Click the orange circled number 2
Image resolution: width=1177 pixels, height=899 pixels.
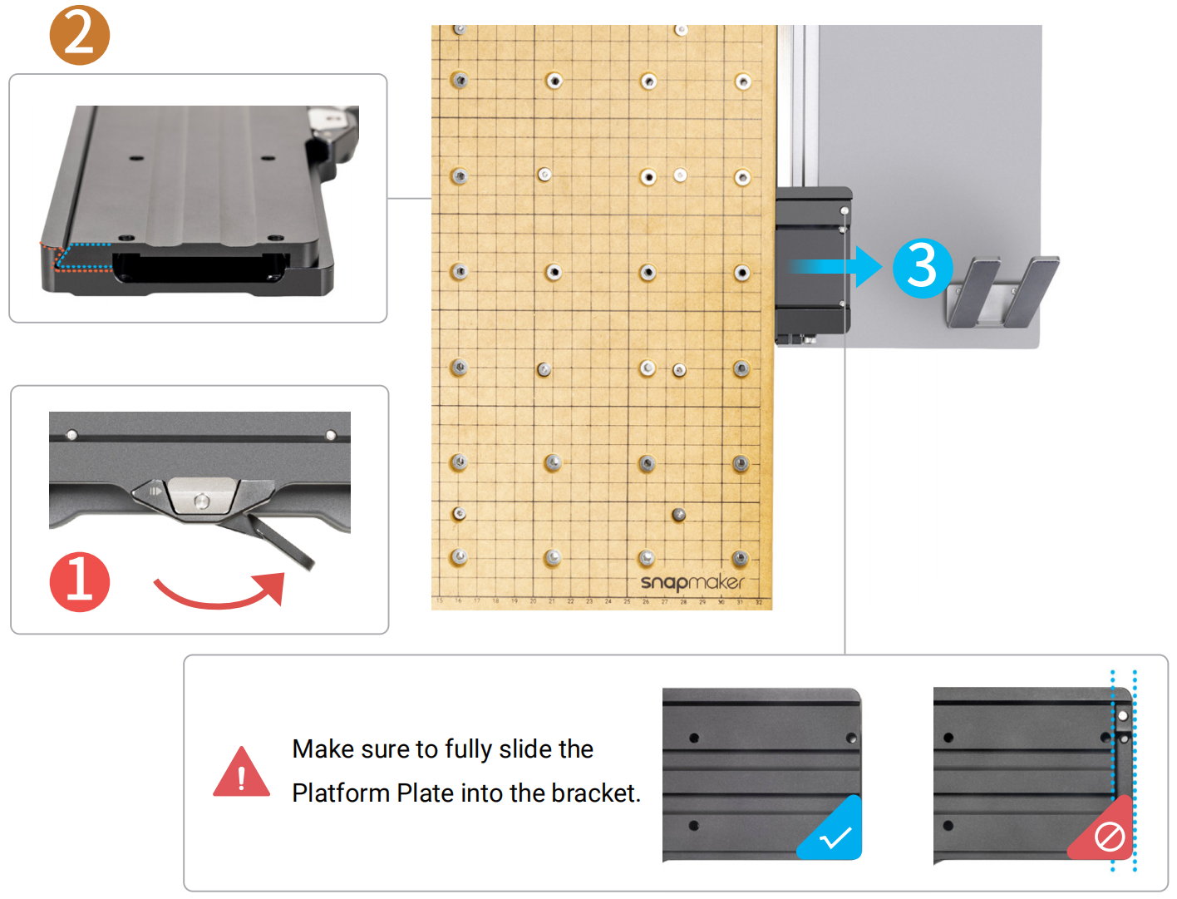pos(79,35)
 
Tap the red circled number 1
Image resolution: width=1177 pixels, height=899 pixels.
pos(79,581)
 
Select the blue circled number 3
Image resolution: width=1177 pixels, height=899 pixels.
pos(922,268)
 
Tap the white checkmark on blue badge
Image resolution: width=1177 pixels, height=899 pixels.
pos(835,837)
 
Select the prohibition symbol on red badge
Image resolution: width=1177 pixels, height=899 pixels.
pos(1109,837)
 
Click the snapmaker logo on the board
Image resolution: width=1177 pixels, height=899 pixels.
pos(692,582)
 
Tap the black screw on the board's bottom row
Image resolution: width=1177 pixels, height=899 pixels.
pos(678,515)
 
